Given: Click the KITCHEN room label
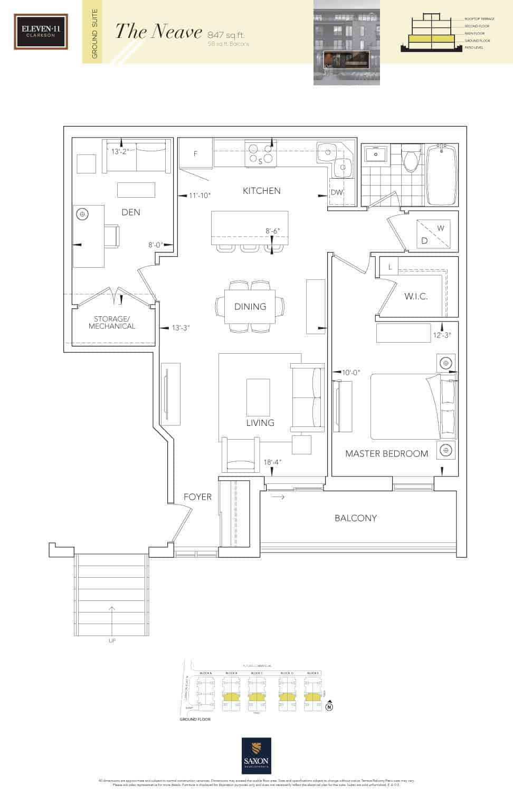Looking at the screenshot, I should click(261, 191).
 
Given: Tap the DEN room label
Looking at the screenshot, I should click(131, 212).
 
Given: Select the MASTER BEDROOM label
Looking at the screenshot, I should click(386, 453).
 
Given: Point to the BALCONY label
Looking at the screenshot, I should click(356, 518).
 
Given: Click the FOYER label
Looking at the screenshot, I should click(197, 497).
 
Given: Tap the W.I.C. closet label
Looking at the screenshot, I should click(416, 296).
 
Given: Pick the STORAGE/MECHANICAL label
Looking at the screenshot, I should click(112, 323).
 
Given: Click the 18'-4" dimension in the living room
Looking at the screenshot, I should click(272, 462).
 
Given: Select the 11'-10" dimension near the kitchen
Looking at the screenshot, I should click(199, 196).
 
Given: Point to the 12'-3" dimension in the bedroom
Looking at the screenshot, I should click(442, 335).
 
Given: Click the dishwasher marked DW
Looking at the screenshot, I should click(337, 192).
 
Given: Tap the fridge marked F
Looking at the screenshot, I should click(195, 153).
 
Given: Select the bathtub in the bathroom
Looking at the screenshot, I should click(442, 175).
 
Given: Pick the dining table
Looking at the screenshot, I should click(250, 306).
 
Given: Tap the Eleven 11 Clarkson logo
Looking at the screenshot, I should click(41, 32).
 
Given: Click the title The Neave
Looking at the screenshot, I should click(158, 32).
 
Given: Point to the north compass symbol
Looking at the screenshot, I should click(329, 707).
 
